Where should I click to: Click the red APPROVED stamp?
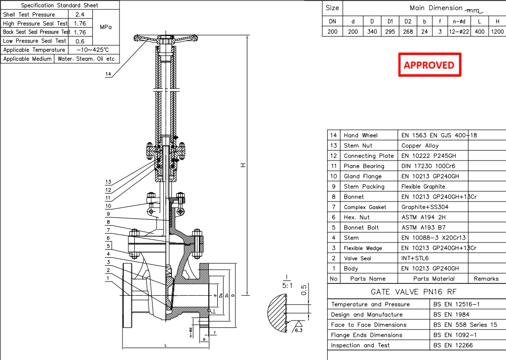coord(429,65)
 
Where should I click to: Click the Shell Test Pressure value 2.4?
coord(79,14)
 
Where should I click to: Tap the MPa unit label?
coord(106,27)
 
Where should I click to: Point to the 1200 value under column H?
coord(497,32)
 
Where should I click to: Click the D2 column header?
coord(408,21)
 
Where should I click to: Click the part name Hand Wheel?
coord(360,135)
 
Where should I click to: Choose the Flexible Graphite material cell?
coord(423,187)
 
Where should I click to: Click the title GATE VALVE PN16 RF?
coord(416,292)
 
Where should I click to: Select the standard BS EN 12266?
coord(453,345)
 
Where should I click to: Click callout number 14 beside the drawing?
coord(109,74)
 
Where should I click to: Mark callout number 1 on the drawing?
coord(108,278)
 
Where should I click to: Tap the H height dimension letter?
coord(242,166)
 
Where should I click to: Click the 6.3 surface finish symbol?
coord(299,330)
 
